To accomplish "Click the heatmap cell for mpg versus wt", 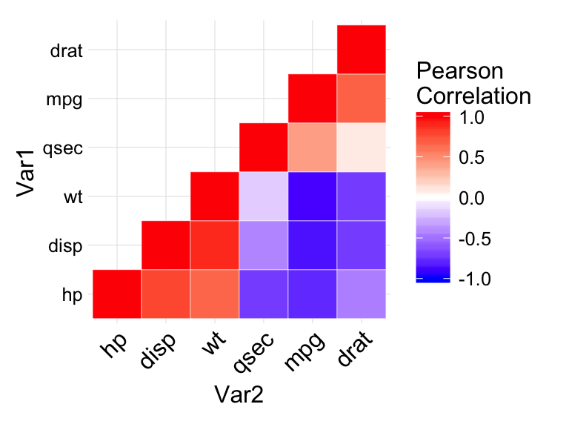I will (x=312, y=196).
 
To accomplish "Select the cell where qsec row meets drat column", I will (x=361, y=147).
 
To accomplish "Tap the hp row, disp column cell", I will (x=165, y=294).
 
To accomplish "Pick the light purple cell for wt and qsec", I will (x=263, y=196).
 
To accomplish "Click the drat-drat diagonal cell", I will (x=361, y=49).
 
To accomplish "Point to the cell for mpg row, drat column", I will (x=361, y=98).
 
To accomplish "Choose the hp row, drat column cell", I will (x=361, y=294).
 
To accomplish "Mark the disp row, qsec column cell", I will (x=263, y=245).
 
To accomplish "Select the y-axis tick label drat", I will (x=65, y=51).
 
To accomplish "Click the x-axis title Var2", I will (x=239, y=395).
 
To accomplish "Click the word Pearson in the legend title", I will (x=459, y=71).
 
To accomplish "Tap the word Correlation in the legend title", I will (x=473, y=96).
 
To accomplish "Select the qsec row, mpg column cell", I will (x=312, y=147).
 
